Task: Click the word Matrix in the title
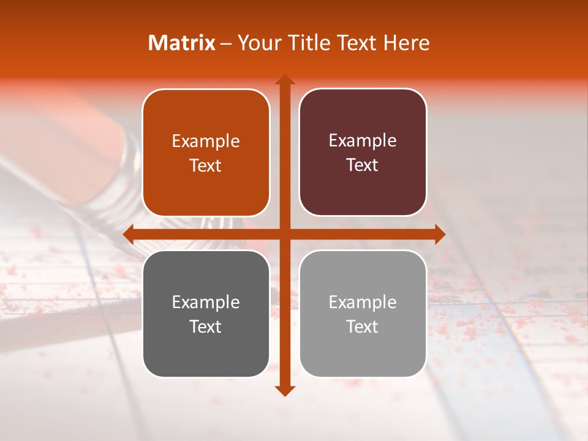tap(182, 43)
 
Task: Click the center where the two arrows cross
tap(284, 234)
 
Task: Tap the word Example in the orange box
tap(206, 141)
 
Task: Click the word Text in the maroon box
tap(363, 165)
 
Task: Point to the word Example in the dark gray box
tap(206, 303)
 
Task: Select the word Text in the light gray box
tap(363, 326)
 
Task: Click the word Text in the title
tap(358, 43)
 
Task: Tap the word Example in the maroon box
tap(363, 141)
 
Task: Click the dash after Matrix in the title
tap(226, 43)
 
